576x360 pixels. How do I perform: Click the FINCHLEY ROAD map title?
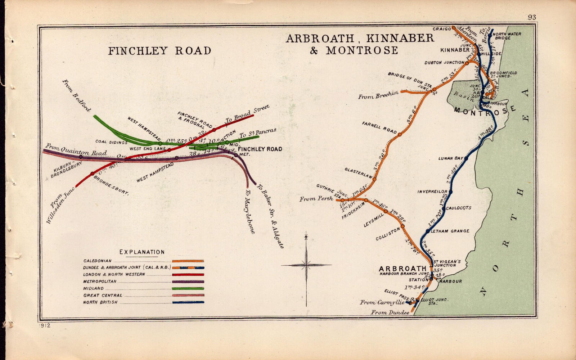[x=160, y=51]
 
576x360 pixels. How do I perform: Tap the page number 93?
[x=532, y=17]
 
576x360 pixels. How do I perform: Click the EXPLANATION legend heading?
[x=142, y=252]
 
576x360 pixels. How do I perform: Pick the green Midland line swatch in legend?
[x=188, y=288]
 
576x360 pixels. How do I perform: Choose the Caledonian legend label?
[x=97, y=261]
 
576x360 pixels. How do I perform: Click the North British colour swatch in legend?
[x=188, y=302]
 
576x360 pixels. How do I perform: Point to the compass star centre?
[x=306, y=265]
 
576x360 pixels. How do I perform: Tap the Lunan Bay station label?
[x=450, y=158]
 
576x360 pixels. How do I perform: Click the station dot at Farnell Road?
[x=400, y=134]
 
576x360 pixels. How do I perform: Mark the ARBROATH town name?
[x=402, y=269]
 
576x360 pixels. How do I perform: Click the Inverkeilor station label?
[x=432, y=192]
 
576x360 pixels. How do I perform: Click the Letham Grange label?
[x=450, y=231]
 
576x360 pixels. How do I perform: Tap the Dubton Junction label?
[x=444, y=63]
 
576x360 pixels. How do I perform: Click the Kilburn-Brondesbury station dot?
[x=81, y=157]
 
